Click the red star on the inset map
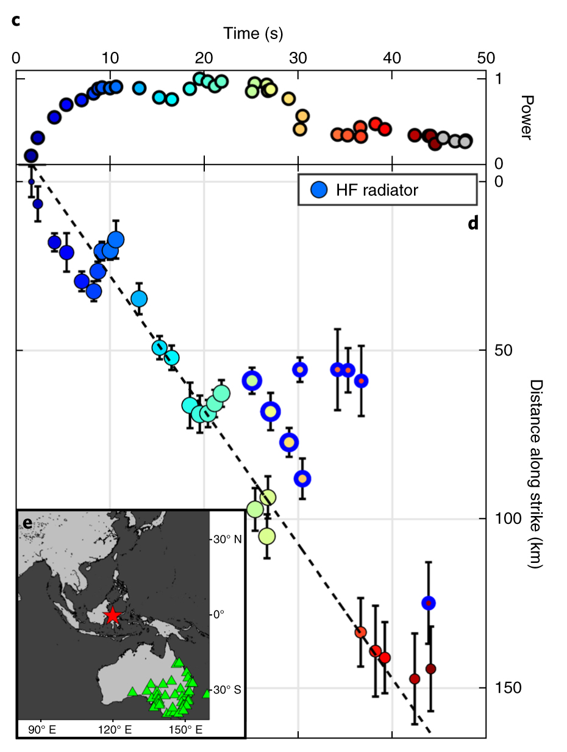click(x=112, y=615)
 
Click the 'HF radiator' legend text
click(x=377, y=190)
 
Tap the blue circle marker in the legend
click(x=318, y=190)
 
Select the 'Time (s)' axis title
click(x=252, y=33)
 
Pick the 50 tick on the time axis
click(x=485, y=58)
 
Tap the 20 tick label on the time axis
click(x=204, y=58)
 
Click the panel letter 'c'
click(x=16, y=20)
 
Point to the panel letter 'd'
click(x=472, y=223)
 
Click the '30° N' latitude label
click(x=227, y=540)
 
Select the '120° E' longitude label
click(x=113, y=729)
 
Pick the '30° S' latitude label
click(x=227, y=690)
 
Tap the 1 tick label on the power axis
click(x=498, y=79)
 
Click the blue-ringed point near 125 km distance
click(x=429, y=603)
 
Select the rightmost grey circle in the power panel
click(x=465, y=141)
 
